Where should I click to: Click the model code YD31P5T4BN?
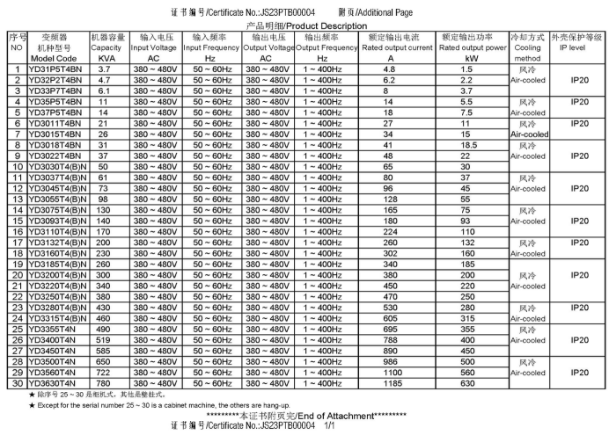pos(55,68)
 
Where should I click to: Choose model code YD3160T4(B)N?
pos(56,252)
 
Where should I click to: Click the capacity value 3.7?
pos(104,68)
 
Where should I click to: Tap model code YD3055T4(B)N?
pos(56,198)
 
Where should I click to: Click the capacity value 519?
pos(104,338)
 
